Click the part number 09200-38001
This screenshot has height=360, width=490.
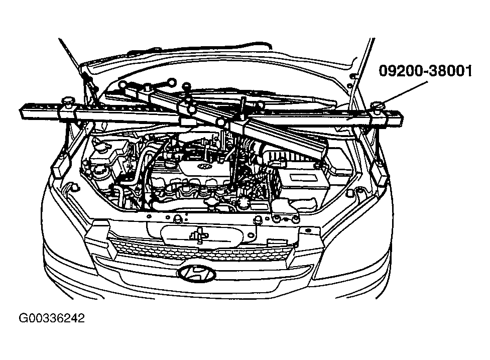pos(425,71)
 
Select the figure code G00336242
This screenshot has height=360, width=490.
pos(52,318)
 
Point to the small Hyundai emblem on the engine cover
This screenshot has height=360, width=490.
pos(204,166)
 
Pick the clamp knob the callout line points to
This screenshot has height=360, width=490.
pos(378,105)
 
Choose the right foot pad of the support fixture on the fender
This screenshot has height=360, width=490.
pos(379,173)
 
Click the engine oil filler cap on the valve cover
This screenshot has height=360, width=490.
pos(171,163)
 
